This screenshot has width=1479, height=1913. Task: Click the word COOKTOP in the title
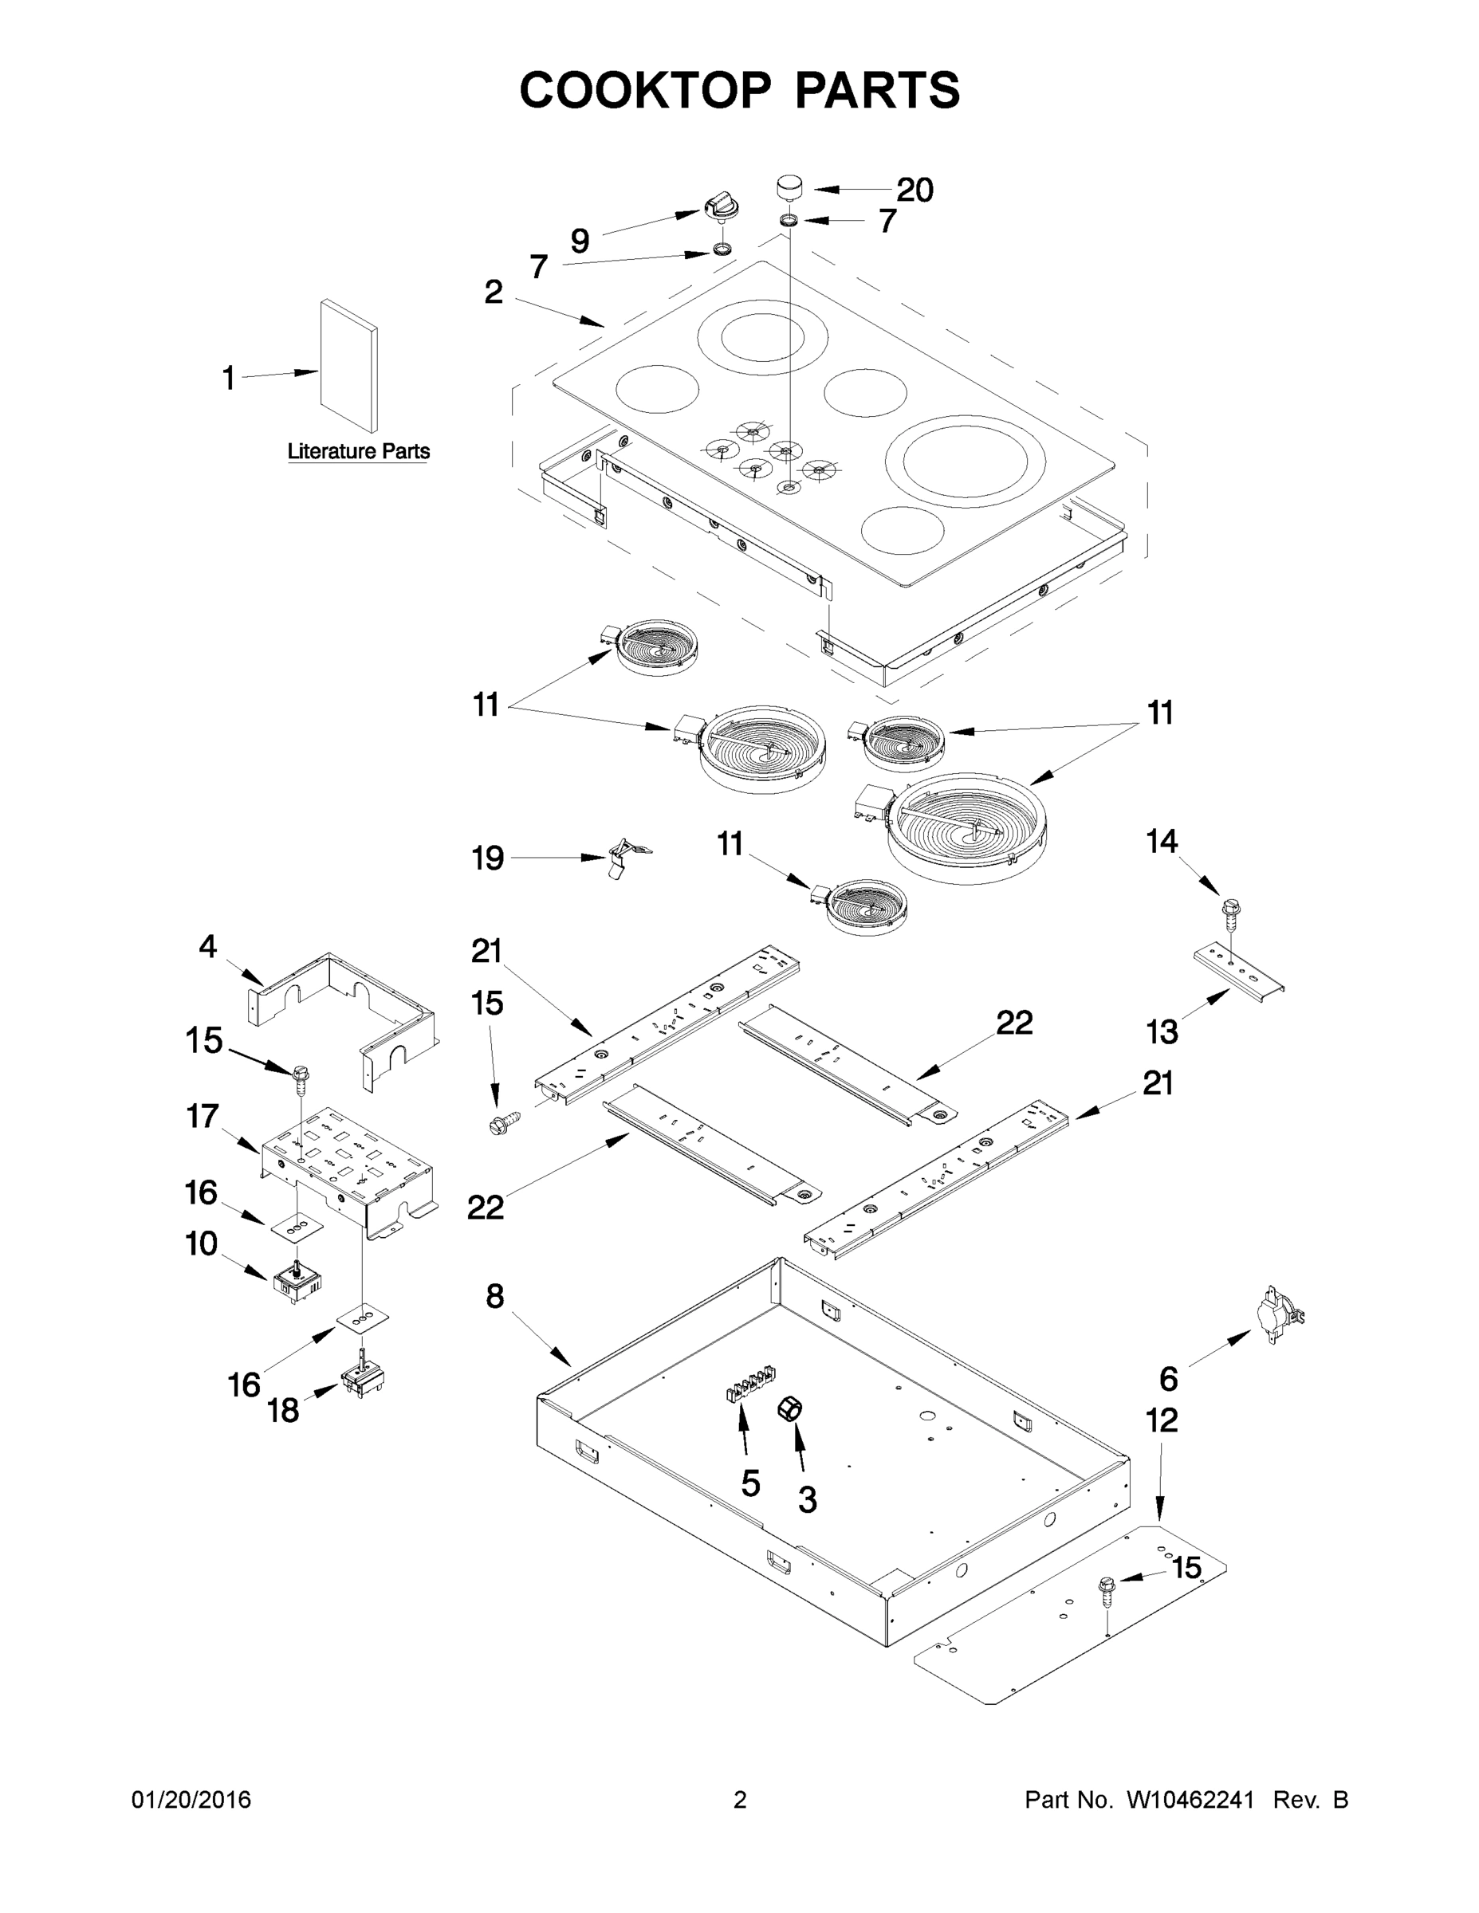click(646, 90)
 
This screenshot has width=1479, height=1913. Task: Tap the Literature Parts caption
click(358, 451)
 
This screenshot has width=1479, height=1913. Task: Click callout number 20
click(914, 190)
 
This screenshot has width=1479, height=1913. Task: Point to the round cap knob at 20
click(789, 187)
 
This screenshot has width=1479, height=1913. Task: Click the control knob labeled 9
click(721, 210)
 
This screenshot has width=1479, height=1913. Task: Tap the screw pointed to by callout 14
click(1231, 911)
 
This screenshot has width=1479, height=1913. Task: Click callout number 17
click(203, 1117)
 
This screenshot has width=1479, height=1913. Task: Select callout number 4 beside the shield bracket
click(207, 947)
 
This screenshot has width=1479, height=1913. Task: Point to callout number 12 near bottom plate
click(1162, 1420)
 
